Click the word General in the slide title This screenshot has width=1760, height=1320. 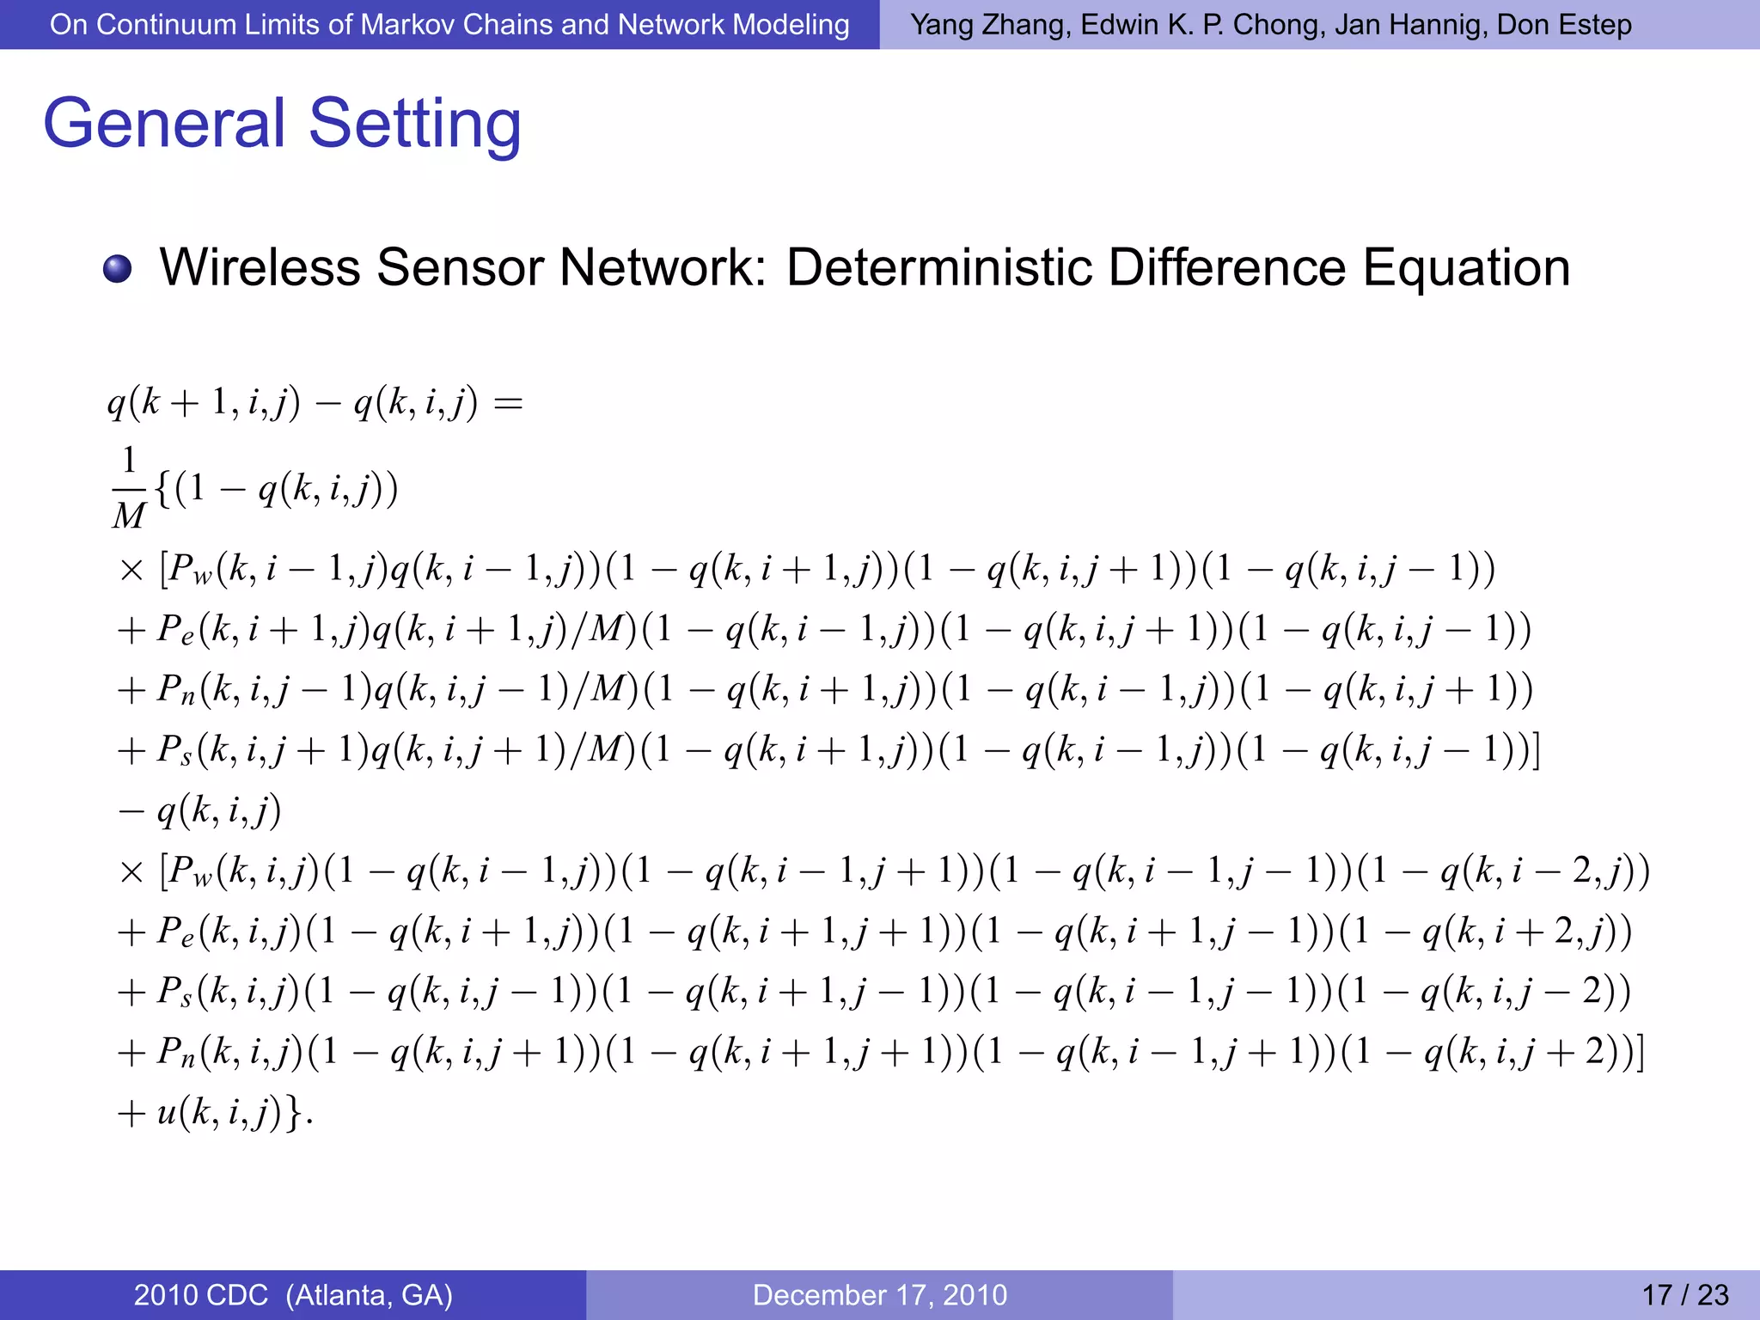[163, 123]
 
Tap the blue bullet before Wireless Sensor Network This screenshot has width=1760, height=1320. [117, 268]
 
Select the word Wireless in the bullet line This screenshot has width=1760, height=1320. [260, 267]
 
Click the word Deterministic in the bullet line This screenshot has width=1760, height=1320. [939, 267]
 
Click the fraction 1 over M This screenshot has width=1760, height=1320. [129, 488]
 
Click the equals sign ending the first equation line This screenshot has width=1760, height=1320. [508, 403]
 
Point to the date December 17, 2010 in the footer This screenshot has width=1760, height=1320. [879, 1295]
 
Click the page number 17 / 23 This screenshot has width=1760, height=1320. [1684, 1295]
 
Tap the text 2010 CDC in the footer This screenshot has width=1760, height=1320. [201, 1295]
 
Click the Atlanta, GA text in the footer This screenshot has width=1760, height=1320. [370, 1295]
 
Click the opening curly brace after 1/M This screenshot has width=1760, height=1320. [164, 488]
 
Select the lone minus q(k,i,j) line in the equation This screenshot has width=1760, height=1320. [200, 810]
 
